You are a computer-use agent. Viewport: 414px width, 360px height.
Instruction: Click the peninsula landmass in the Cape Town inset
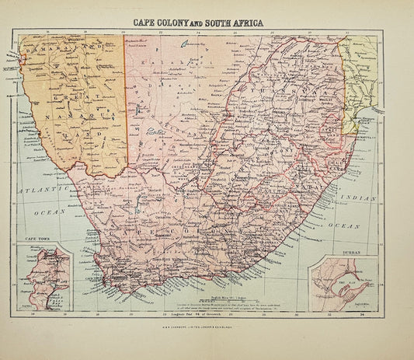pyautogui.click(x=39, y=280)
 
